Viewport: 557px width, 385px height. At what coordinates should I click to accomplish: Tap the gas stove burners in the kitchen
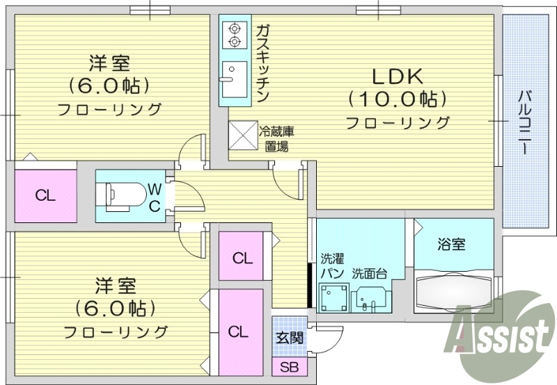tap(234, 35)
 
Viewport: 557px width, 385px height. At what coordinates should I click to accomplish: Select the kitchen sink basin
tap(233, 72)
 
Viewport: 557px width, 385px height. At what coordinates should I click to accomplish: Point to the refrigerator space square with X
tap(243, 135)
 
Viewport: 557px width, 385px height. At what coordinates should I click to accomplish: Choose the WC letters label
tap(155, 196)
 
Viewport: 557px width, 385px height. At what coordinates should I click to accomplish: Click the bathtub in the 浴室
tap(453, 293)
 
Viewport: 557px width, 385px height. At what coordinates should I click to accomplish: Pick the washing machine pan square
tap(333, 297)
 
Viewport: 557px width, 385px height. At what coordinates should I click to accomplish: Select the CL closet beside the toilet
tap(45, 195)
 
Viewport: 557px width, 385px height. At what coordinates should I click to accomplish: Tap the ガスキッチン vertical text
tap(262, 63)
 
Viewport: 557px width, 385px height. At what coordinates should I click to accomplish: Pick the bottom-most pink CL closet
tap(239, 331)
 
